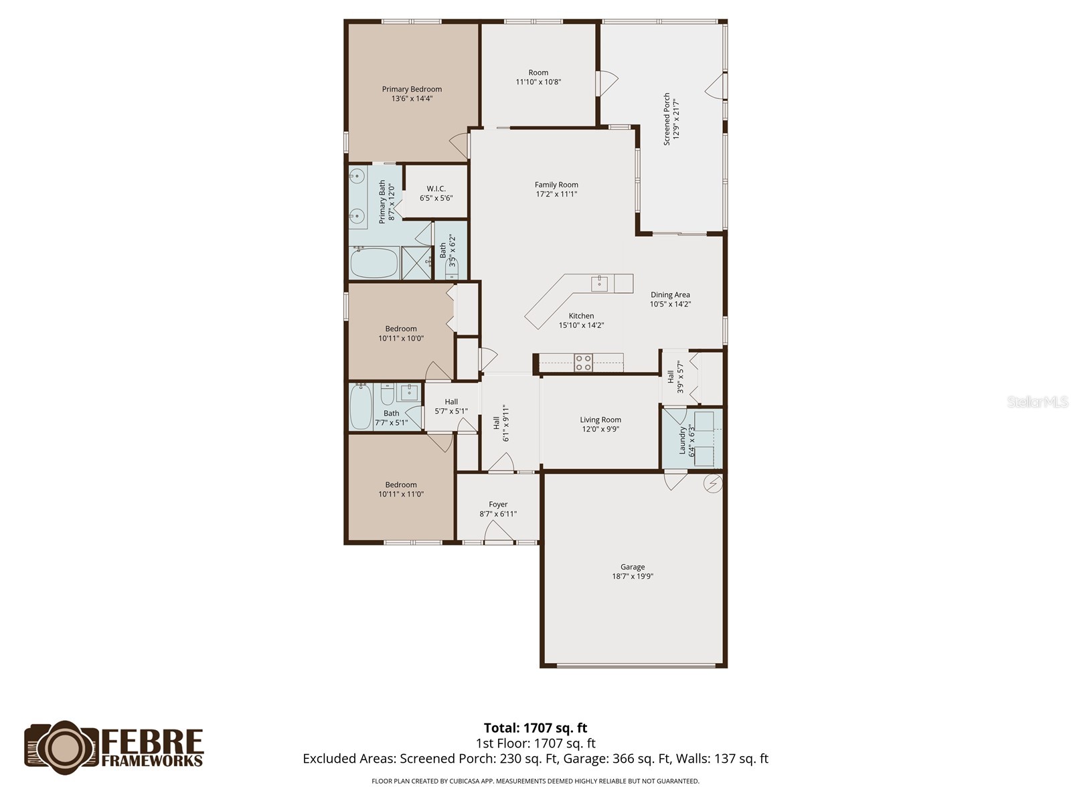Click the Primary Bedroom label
(x=412, y=89)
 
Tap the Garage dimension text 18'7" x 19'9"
(x=633, y=576)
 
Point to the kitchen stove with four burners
(x=583, y=363)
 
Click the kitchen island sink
(x=599, y=283)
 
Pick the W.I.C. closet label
(x=436, y=189)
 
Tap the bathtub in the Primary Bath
(x=374, y=263)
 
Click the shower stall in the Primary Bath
(x=417, y=263)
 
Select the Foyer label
(x=498, y=505)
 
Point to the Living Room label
(x=600, y=420)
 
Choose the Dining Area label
(x=670, y=294)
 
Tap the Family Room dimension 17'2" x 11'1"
(x=556, y=194)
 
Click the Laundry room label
(x=683, y=440)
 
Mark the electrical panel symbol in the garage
(x=714, y=482)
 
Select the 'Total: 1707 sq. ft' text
(x=535, y=728)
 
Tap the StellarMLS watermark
(x=1038, y=402)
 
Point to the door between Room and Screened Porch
(x=606, y=83)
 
